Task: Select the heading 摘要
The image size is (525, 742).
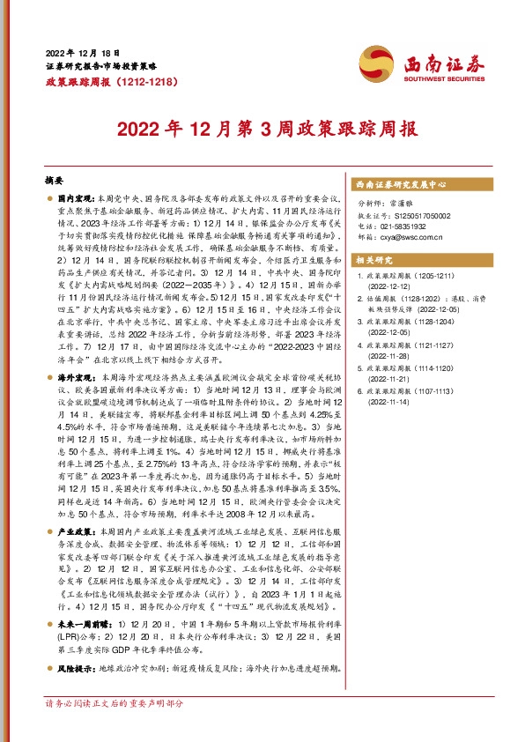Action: tap(55, 180)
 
